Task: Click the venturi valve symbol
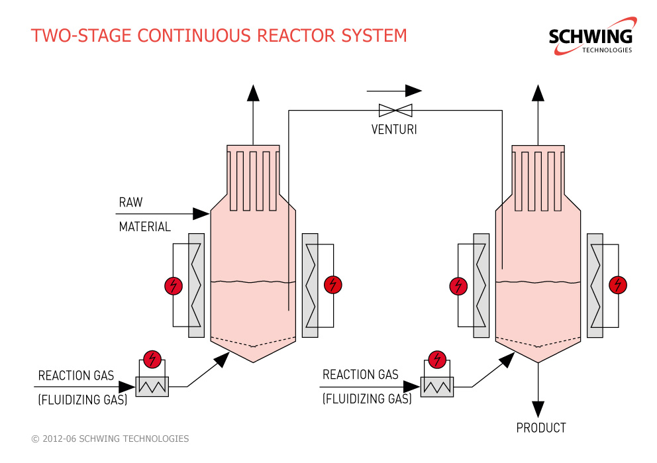[395, 110]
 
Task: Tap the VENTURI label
[394, 129]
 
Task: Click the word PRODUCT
[541, 428]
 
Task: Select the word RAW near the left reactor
[130, 203]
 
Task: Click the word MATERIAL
[145, 227]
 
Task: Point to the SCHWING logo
[592, 36]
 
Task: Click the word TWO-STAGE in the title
[78, 36]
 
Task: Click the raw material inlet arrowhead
[201, 214]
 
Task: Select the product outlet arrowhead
[538, 409]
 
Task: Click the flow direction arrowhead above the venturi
[413, 91]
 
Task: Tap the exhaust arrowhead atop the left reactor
[253, 93]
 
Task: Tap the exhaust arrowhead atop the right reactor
[538, 93]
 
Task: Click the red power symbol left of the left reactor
[174, 285]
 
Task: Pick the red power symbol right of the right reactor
[618, 285]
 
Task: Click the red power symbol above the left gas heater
[152, 360]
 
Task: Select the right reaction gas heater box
[437, 387]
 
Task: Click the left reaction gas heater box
[152, 386]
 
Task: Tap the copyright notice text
[110, 438]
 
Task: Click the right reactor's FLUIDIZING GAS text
[367, 399]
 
